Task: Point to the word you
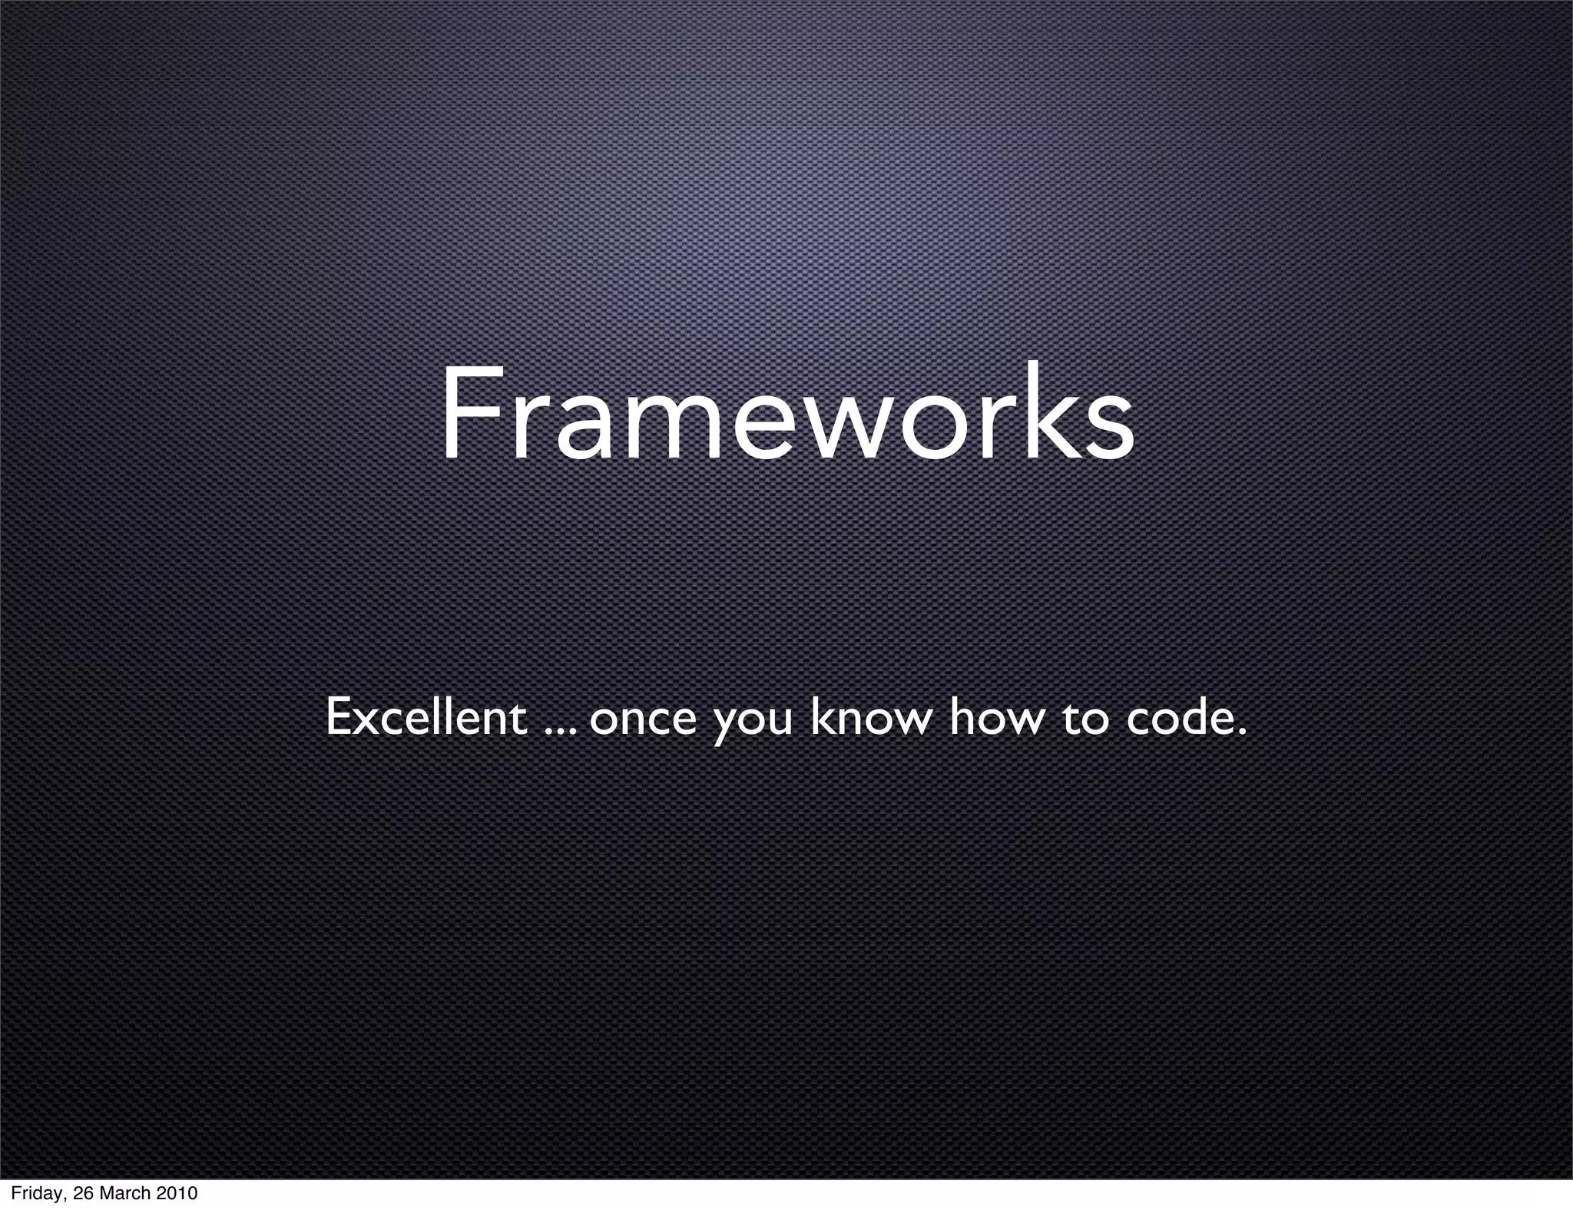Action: pos(752,726)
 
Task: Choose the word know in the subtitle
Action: pos(870,717)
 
